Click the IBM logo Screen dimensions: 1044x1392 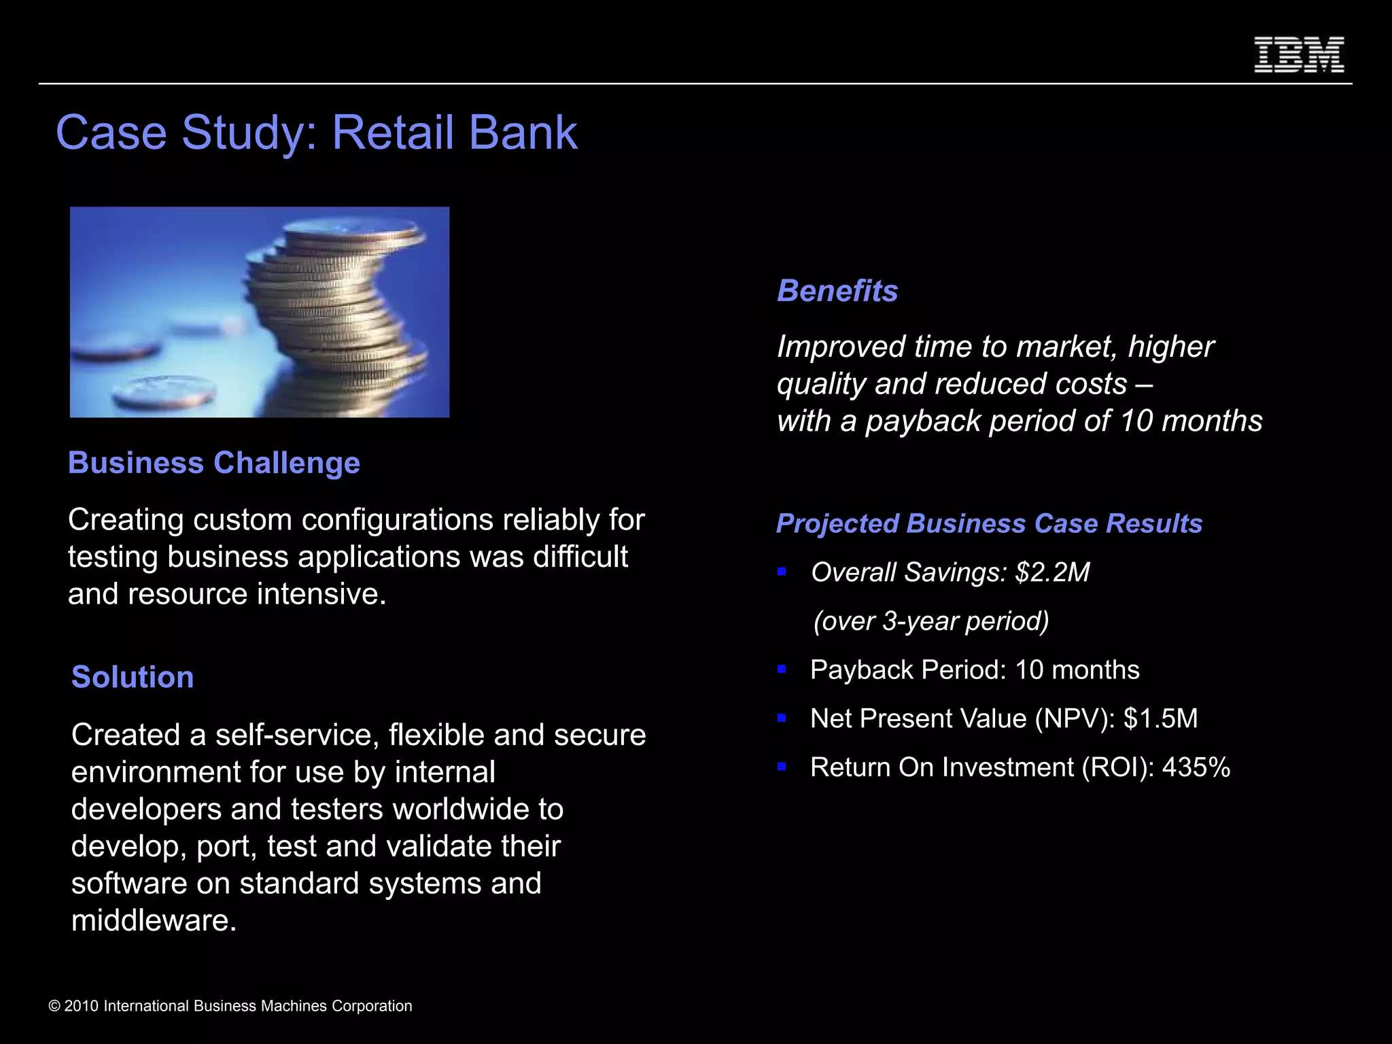[x=1298, y=55]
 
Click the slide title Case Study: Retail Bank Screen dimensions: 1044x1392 [x=317, y=132]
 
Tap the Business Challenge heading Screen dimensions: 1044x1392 [x=214, y=463]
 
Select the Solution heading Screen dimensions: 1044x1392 [x=133, y=677]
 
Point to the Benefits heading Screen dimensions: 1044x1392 [x=837, y=291]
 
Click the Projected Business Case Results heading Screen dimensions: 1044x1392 [x=989, y=523]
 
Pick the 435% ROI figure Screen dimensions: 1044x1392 [x=1196, y=767]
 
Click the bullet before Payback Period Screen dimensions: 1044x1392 [x=782, y=669]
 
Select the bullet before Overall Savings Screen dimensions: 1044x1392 [x=782, y=572]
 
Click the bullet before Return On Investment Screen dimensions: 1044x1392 [x=782, y=767]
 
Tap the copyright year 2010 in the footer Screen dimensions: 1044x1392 [x=82, y=1006]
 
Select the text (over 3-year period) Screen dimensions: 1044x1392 [x=931, y=621]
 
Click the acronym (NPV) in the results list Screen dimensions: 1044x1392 [x=1075, y=718]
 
